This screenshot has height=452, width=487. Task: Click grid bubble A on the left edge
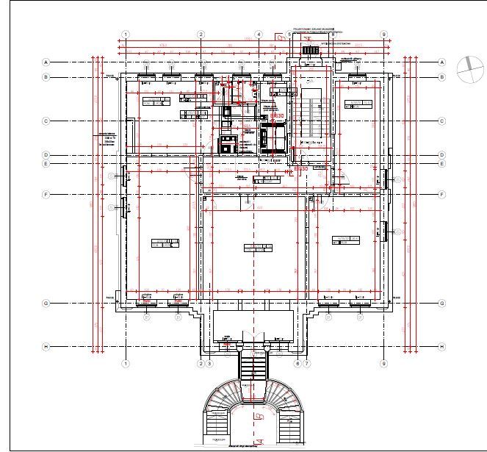[x=46, y=62]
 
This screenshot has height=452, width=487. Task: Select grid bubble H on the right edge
[x=441, y=346]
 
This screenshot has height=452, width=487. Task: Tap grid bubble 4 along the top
[x=259, y=35]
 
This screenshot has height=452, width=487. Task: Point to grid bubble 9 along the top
[x=383, y=35]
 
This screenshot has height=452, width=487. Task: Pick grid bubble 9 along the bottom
[x=383, y=363]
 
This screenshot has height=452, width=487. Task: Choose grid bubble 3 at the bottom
[x=209, y=363]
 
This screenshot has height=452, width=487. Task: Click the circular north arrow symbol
[x=466, y=68]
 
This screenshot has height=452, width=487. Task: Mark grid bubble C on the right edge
[x=441, y=121]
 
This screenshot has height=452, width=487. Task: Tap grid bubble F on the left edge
[x=46, y=195]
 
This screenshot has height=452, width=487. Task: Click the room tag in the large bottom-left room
[x=165, y=243]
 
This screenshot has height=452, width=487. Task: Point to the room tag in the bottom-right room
[x=346, y=240]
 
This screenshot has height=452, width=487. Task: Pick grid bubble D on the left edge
[x=46, y=155]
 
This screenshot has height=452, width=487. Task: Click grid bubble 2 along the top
[x=201, y=35]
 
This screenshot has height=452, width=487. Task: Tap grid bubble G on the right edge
[x=441, y=303]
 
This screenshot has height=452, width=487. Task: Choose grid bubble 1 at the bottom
[x=126, y=363]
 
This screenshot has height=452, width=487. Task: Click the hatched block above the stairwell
[x=312, y=49]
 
